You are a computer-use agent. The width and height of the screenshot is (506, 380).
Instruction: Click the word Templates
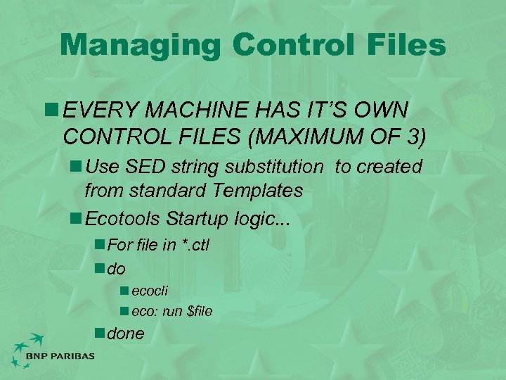[x=260, y=190]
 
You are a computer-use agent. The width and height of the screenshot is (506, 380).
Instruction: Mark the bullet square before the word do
[x=100, y=268]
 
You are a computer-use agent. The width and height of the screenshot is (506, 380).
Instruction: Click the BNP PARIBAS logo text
[x=59, y=356]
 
